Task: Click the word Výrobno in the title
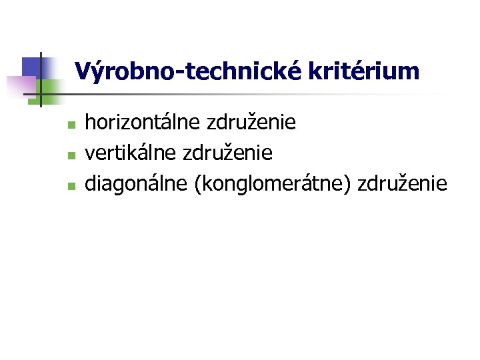[x=121, y=71]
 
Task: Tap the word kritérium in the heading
[x=364, y=71]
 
